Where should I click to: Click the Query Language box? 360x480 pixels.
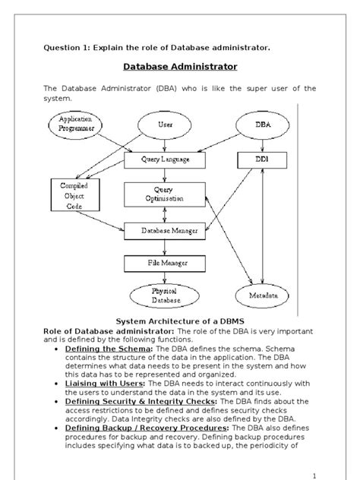(165, 160)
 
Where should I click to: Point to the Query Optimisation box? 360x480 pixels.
(165, 194)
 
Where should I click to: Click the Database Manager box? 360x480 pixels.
(165, 229)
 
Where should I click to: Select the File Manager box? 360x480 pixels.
(165, 263)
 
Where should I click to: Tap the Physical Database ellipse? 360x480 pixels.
(165, 295)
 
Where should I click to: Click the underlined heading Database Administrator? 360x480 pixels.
(179, 67)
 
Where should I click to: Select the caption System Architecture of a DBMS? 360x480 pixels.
(178, 321)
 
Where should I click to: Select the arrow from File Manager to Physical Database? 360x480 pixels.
(165, 278)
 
